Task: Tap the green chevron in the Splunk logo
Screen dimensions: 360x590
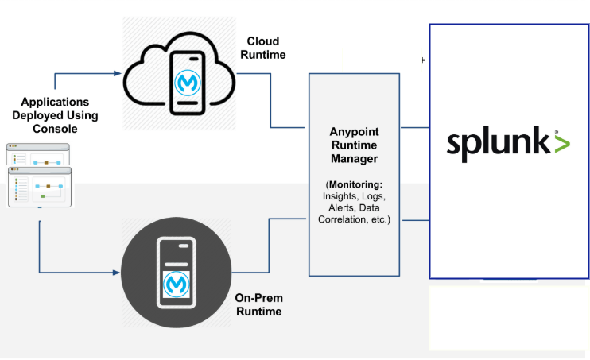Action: point(562,144)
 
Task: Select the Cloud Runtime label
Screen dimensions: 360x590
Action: point(266,48)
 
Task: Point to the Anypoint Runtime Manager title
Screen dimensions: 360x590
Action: point(355,145)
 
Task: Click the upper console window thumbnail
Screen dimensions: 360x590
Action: point(37,157)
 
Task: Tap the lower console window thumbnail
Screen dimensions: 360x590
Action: point(41,187)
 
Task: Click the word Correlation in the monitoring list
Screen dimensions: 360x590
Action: point(347,219)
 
